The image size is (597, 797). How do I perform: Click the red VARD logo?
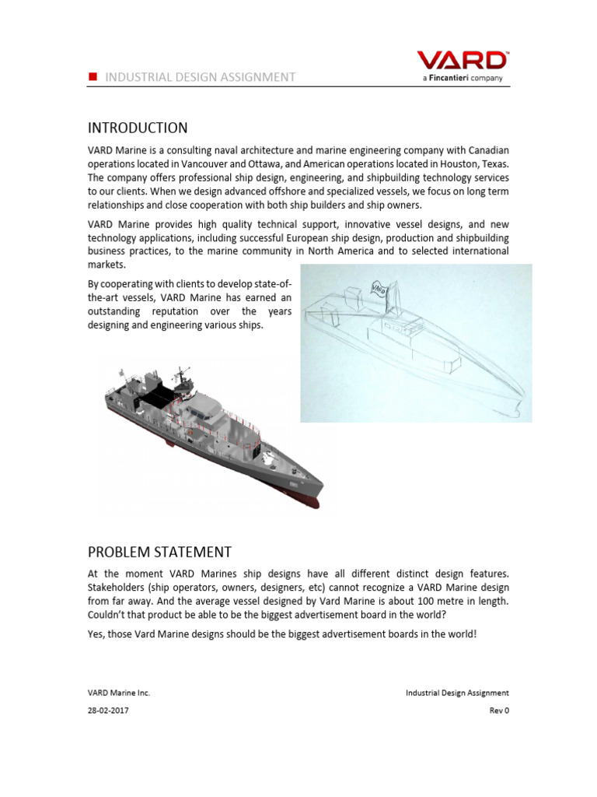462,61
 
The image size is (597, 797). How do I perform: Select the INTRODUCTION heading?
137,128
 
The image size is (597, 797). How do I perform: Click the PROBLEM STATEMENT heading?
159,553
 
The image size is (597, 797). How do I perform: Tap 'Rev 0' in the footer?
497,710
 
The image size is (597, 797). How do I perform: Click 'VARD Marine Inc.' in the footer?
117,692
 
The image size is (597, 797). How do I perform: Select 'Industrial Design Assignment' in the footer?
457,692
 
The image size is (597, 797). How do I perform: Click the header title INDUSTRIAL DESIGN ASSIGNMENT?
200,76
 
